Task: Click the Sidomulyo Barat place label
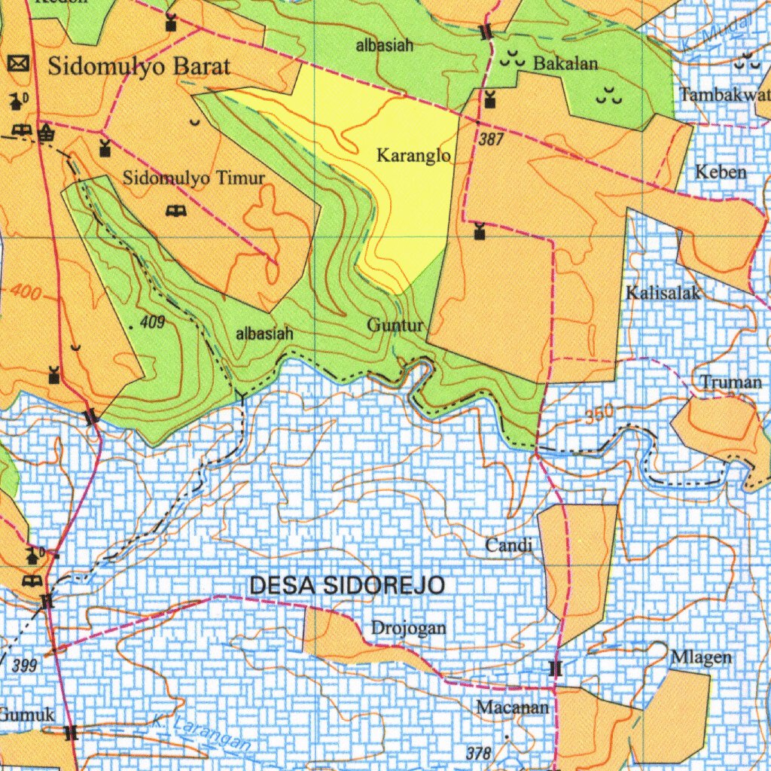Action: [139, 66]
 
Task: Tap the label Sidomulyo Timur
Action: [194, 178]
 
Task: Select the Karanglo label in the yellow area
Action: [413, 156]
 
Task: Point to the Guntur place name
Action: [396, 325]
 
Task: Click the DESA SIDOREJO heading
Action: [347, 585]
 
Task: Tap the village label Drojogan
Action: [408, 628]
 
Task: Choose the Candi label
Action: [509, 545]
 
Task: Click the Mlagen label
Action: [701, 657]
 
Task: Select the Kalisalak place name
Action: [663, 293]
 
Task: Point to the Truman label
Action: [731, 382]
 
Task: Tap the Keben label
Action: [721, 172]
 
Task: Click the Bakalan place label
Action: [565, 64]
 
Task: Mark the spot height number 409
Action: [152, 323]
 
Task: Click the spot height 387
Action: [491, 140]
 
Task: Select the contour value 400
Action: [26, 294]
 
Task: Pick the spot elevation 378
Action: [478, 753]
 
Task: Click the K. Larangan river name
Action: [199, 733]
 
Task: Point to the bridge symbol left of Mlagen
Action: [556, 669]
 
